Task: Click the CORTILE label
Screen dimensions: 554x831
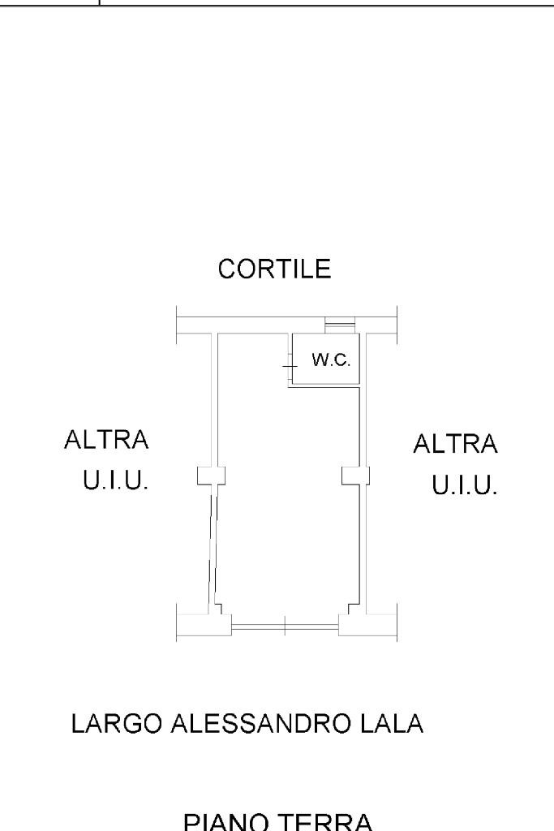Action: click(x=274, y=269)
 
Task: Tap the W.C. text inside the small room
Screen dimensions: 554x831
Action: click(x=331, y=360)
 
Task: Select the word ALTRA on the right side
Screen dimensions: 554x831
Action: click(x=455, y=444)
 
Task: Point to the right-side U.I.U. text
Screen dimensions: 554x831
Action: click(x=464, y=487)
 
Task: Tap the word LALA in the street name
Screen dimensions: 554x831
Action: click(x=395, y=723)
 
